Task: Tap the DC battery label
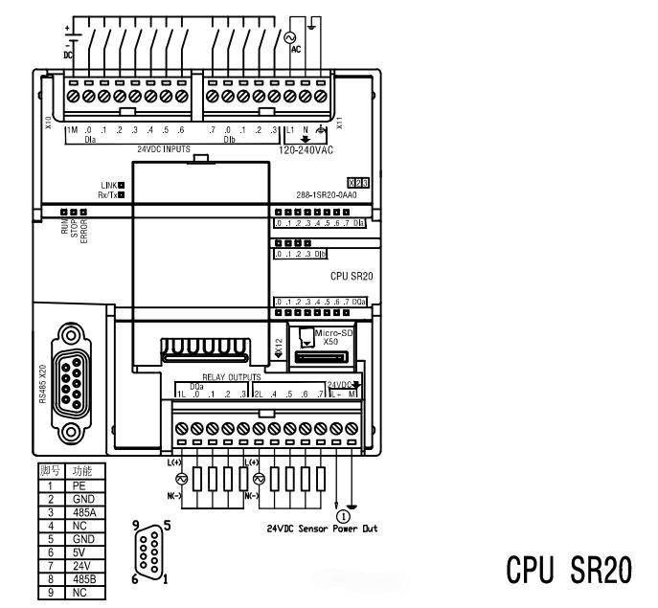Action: (67, 55)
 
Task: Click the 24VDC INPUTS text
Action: (163, 149)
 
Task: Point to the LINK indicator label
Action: (107, 184)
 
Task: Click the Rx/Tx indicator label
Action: (106, 194)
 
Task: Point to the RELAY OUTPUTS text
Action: (231, 377)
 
